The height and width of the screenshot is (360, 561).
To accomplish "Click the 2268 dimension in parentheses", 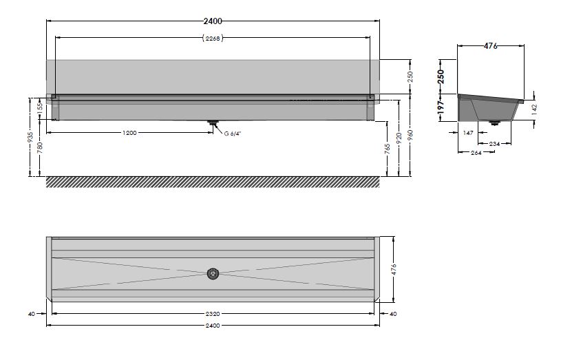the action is (213, 38).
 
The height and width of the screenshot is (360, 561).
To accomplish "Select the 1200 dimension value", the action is (129, 133).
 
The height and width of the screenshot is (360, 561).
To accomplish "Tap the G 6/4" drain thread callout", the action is (233, 134).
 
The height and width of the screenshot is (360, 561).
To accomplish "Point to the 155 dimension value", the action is (40, 109).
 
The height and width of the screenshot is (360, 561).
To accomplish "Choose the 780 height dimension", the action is (40, 147).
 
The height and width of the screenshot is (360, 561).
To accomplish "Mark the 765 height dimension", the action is (387, 149).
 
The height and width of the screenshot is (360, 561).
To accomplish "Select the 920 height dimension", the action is (399, 138).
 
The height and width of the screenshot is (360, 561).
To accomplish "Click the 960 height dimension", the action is (410, 135).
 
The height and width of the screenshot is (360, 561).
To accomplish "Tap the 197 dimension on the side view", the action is (441, 107).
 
